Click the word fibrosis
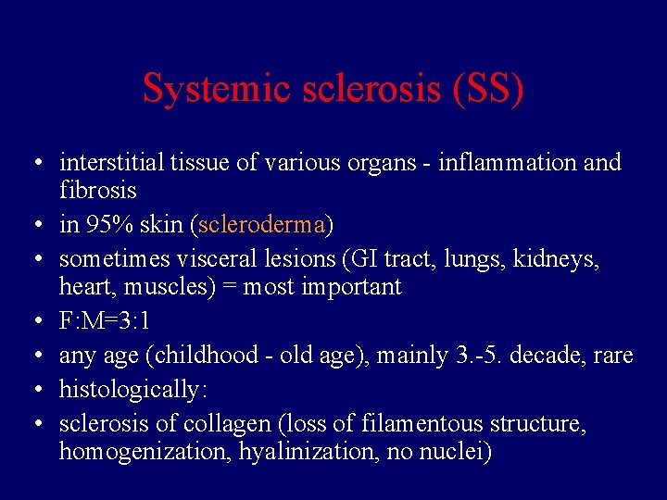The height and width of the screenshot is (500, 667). (x=98, y=191)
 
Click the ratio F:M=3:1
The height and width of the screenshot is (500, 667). (x=105, y=321)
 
